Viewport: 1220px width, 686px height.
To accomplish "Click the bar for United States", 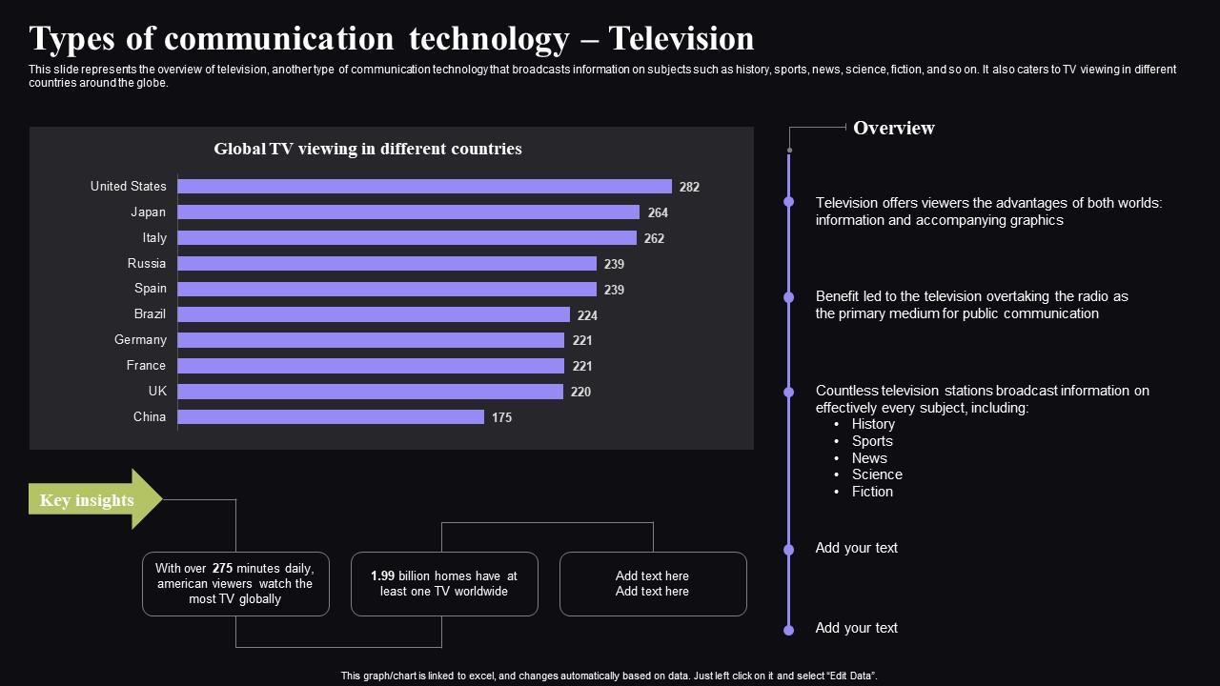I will pyautogui.click(x=424, y=187).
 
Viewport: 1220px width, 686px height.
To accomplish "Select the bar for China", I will pyautogui.click(x=331, y=416).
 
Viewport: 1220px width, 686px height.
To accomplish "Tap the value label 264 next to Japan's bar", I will pyautogui.click(x=658, y=212).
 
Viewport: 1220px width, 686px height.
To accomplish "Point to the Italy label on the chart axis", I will pyautogui.click(x=154, y=238).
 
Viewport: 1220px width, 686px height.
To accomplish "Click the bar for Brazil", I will pyautogui.click(x=374, y=314).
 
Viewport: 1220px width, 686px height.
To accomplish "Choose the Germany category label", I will pyautogui.click(x=140, y=340).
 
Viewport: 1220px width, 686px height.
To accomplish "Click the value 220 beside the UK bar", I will pyautogui.click(x=580, y=392).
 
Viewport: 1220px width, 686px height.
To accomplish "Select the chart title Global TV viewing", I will pyautogui.click(x=367, y=149).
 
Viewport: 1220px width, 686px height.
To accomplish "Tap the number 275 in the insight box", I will pyautogui.click(x=222, y=568).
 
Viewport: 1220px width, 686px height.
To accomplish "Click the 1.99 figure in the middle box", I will pyautogui.click(x=382, y=575).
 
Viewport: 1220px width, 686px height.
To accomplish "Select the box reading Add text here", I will pyautogui.click(x=652, y=583).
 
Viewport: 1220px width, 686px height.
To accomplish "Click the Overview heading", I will pyautogui.click(x=893, y=128).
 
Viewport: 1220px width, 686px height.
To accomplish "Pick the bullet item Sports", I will pyautogui.click(x=872, y=441).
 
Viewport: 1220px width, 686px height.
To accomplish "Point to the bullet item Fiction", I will pyautogui.click(x=872, y=492).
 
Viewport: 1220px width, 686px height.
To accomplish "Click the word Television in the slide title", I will pyautogui.click(x=681, y=39).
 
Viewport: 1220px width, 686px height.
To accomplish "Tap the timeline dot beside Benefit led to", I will pyautogui.click(x=788, y=297).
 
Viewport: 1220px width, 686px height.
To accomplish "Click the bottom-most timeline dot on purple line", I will pyautogui.click(x=788, y=630).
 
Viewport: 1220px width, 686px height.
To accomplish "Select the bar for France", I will pyautogui.click(x=371, y=366).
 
